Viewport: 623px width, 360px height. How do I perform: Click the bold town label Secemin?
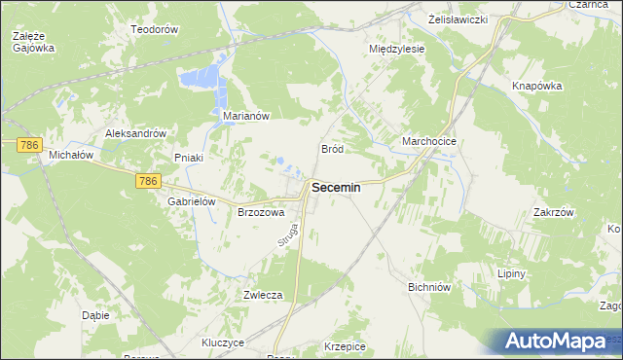pos(335,189)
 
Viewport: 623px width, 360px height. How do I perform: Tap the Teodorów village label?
pos(155,30)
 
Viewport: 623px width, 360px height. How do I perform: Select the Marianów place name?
pos(245,116)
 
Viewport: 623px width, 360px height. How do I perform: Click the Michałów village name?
pos(70,155)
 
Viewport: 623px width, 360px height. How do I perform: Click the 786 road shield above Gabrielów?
pos(148,181)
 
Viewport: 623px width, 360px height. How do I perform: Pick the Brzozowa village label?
pos(261,211)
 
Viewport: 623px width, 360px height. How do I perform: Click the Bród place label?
pos(332,149)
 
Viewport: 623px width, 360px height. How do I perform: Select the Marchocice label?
pos(429,141)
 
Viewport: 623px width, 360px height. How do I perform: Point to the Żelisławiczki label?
pos(457,19)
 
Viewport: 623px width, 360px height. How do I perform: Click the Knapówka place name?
pos(537,86)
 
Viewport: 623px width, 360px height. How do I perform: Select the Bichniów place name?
pos(428,288)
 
